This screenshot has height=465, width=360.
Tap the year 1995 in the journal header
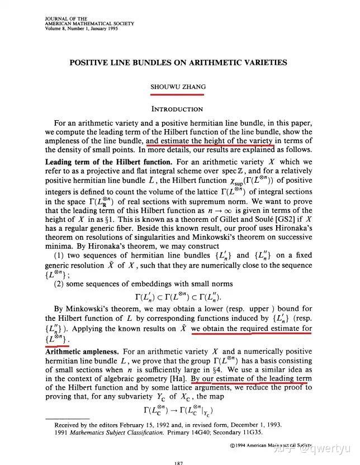(102, 29)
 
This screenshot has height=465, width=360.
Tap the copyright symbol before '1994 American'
(233, 445)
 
